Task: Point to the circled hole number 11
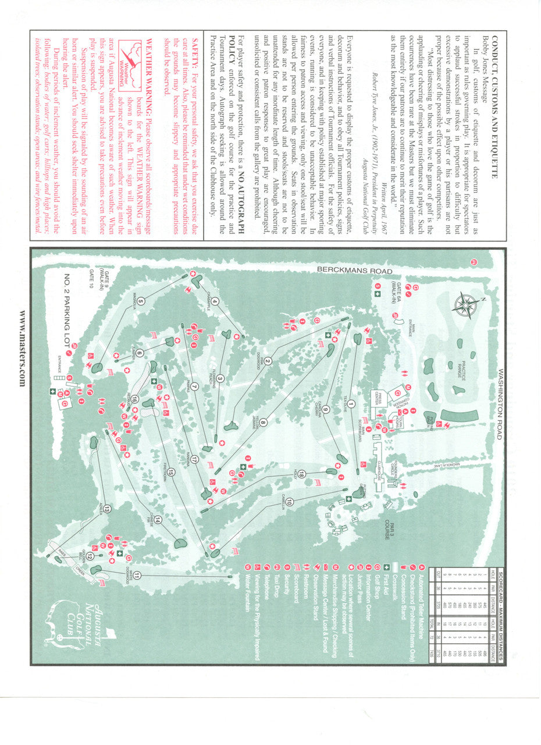coord(137,576)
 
